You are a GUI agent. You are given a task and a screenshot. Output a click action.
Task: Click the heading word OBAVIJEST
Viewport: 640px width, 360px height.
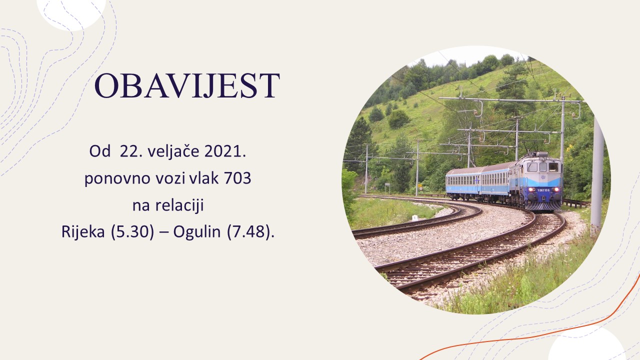pyautogui.click(x=187, y=85)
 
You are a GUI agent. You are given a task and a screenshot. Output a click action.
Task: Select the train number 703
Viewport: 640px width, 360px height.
pyautogui.click(x=237, y=178)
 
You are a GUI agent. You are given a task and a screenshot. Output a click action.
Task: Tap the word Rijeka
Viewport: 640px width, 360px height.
pyautogui.click(x=83, y=231)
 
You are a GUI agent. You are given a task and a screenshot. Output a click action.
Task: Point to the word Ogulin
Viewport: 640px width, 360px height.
pyautogui.click(x=197, y=231)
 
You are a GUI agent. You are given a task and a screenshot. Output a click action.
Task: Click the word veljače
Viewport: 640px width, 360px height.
pyautogui.click(x=173, y=151)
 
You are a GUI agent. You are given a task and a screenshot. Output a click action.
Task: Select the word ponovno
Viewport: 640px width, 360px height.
pyautogui.click(x=117, y=178)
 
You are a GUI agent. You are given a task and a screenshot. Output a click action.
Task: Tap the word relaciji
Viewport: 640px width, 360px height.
pyautogui.click(x=179, y=205)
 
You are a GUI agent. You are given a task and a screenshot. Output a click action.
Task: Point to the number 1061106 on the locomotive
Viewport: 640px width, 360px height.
pyautogui.click(x=543, y=190)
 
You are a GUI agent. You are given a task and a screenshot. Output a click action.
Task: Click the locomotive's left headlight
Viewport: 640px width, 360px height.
pyautogui.click(x=531, y=189)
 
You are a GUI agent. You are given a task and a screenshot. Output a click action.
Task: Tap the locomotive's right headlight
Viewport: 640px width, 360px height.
pyautogui.click(x=556, y=189)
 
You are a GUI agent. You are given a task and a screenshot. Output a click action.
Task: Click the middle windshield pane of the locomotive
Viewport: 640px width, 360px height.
pyautogui.click(x=543, y=167)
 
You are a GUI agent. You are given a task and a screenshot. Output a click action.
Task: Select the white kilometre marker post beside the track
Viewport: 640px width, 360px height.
pyautogui.click(x=415, y=218)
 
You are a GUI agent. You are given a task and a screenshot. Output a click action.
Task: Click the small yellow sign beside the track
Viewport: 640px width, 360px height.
pyautogui.click(x=419, y=185)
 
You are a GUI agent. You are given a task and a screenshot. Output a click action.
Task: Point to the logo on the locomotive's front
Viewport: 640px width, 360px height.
pyautogui.click(x=543, y=177)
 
